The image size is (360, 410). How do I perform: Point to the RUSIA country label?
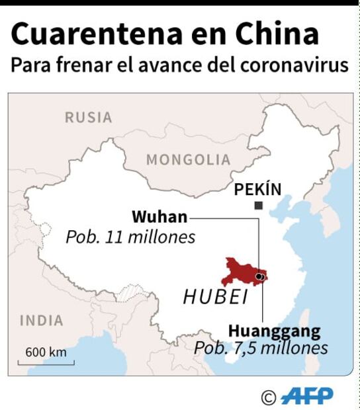click(x=88, y=118)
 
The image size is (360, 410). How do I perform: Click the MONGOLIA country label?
click(x=188, y=160)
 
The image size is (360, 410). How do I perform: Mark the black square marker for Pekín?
click(x=258, y=206)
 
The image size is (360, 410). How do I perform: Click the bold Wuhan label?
click(x=159, y=217)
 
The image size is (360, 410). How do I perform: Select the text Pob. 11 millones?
click(x=130, y=237)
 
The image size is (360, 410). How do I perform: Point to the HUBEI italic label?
click(x=215, y=298)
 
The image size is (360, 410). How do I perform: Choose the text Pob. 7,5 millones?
click(x=261, y=348)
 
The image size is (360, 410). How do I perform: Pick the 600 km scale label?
click(x=46, y=352)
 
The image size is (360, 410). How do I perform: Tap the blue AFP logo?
click(x=307, y=395)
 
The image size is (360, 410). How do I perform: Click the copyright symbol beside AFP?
click(x=269, y=397)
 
